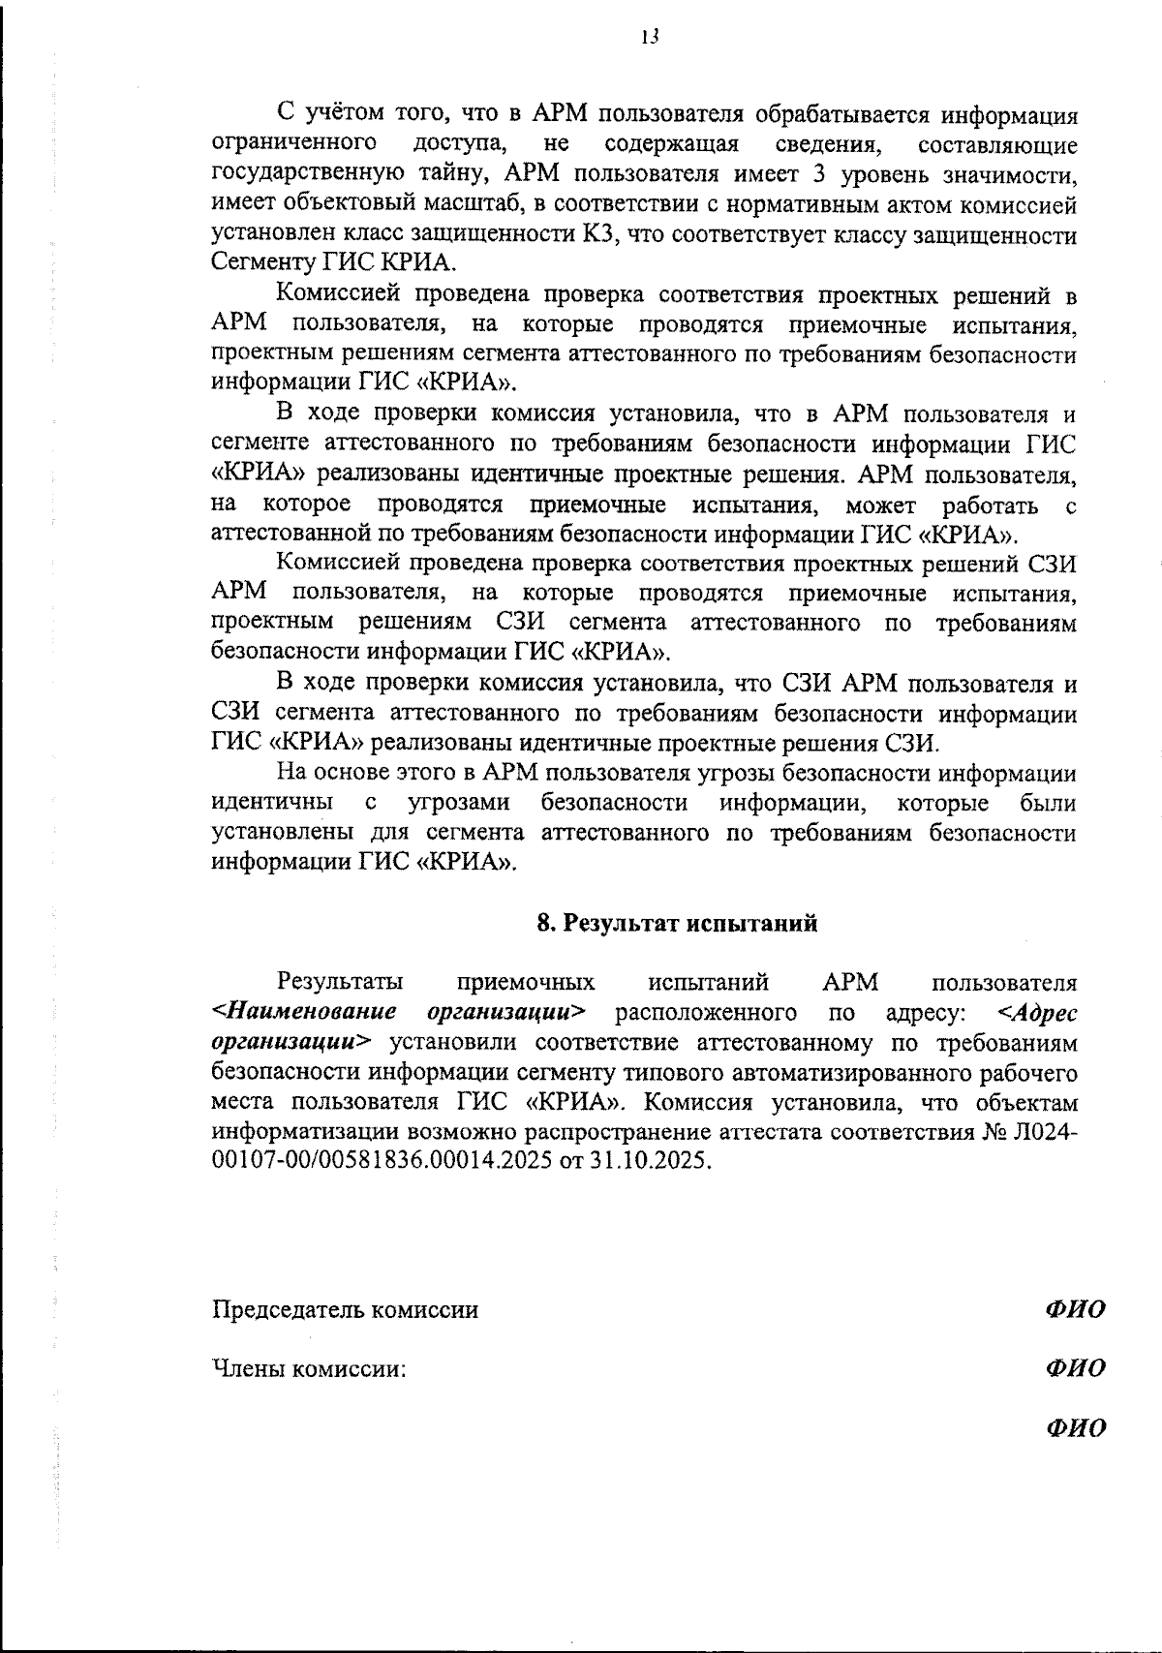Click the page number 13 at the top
coord(650,38)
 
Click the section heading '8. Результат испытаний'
coord(677,923)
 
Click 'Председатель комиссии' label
coord(345,1310)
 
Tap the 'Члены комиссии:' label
coord(308,1369)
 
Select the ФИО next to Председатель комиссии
coord(1075,1310)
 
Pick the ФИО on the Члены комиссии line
coord(1075,1369)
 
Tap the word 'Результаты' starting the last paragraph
coord(341,983)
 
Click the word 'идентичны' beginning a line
coord(272,803)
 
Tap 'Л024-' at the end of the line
coord(1043,1132)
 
